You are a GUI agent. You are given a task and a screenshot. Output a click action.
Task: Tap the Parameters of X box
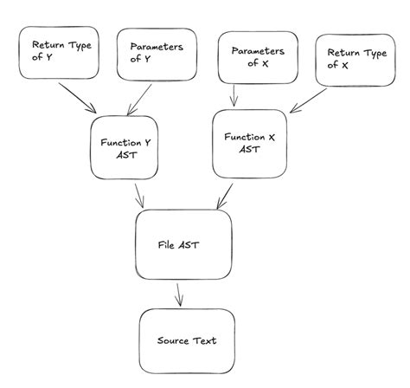tap(259, 57)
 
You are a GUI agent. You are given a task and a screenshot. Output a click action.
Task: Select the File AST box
tap(184, 245)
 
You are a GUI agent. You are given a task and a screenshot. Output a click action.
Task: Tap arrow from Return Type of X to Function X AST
tap(302, 98)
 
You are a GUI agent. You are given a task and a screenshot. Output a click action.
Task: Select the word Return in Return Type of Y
tap(48, 44)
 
